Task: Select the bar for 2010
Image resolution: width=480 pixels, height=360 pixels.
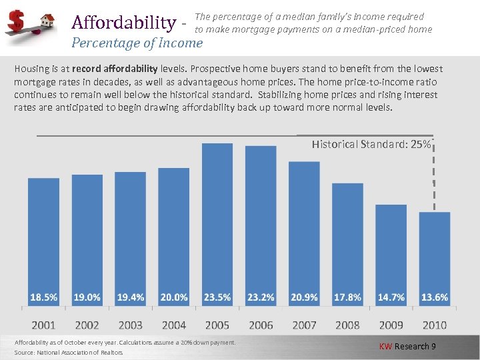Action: [435, 257]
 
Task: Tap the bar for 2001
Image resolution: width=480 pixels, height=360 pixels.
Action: [43, 240]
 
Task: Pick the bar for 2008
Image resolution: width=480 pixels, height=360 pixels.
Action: [347, 243]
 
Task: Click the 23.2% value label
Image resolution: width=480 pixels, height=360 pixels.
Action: [261, 297]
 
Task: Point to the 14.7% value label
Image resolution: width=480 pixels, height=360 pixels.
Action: [391, 297]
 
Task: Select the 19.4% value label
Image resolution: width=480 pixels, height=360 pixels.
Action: [130, 297]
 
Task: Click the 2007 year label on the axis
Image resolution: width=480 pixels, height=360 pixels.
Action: [304, 325]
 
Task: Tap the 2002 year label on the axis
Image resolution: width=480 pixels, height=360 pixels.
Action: [87, 325]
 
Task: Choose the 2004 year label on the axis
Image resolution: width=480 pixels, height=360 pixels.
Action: [173, 325]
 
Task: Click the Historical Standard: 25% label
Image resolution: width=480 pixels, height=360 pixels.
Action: [371, 144]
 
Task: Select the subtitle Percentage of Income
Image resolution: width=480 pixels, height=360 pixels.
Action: [137, 43]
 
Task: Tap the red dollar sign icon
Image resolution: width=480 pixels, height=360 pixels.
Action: [15, 22]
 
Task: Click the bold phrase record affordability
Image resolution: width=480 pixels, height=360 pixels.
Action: [115, 69]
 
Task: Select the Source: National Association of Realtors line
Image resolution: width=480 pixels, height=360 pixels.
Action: [69, 352]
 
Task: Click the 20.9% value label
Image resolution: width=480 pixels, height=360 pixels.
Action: [304, 297]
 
